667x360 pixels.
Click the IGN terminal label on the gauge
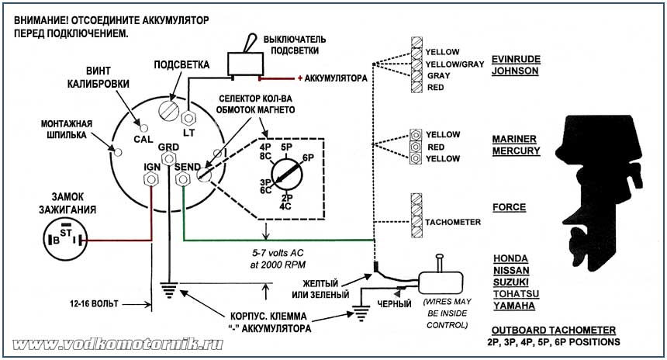(152, 166)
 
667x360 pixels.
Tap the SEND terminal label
(188, 166)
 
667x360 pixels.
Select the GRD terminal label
(168, 147)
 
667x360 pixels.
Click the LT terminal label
(188, 133)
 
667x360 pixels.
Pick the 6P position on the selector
(308, 157)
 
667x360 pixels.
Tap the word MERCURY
(516, 151)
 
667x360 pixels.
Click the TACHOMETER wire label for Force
(453, 222)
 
